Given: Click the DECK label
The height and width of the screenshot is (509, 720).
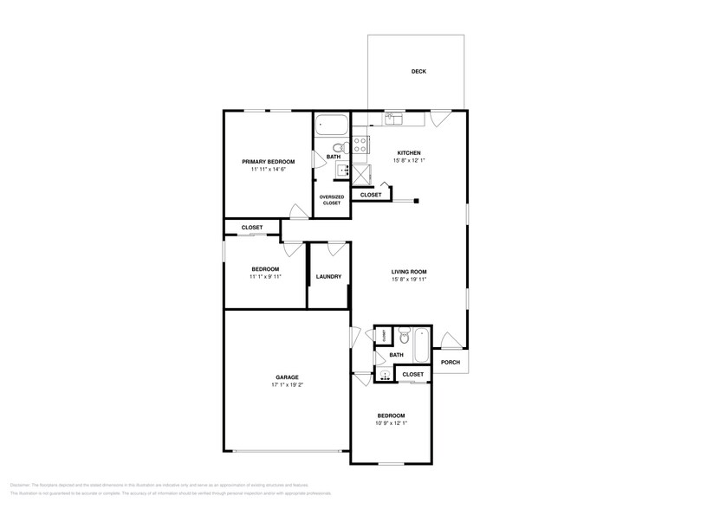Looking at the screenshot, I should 418,72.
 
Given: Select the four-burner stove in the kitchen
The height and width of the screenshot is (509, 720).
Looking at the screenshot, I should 360,144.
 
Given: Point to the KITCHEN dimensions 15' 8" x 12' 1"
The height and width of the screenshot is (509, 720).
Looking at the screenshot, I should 409,161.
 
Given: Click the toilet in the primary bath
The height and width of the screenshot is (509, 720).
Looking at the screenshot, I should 334,146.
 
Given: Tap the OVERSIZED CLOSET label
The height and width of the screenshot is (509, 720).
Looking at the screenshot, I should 332,200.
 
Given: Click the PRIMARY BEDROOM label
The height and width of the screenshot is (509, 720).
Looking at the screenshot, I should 268,162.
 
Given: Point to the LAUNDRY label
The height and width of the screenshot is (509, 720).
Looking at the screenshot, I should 328,277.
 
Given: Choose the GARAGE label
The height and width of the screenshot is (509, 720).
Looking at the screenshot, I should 287,377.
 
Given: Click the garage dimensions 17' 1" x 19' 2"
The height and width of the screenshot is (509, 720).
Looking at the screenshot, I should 287,385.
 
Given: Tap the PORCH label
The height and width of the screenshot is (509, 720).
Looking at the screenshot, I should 450,362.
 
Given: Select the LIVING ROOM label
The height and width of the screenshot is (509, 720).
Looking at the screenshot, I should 409,272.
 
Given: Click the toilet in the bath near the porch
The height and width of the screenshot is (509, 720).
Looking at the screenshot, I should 403,335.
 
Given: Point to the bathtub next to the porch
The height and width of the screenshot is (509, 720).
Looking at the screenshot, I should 421,345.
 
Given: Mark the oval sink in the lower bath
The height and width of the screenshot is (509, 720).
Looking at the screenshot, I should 384,375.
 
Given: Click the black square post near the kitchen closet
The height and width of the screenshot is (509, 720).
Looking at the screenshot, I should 416,202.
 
